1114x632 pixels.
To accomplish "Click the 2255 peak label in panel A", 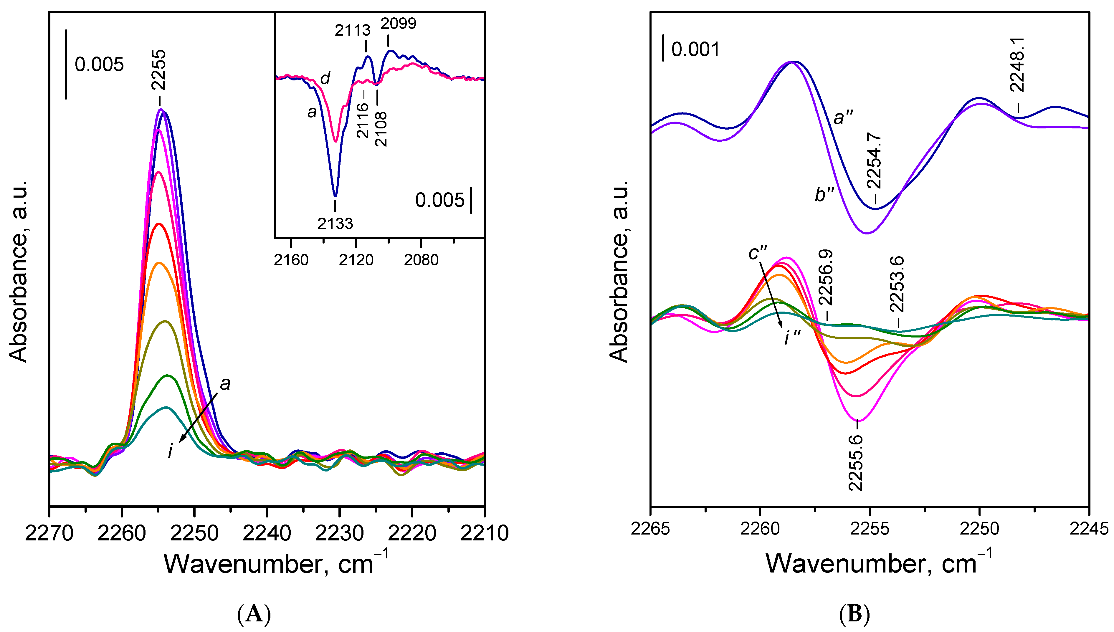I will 158,70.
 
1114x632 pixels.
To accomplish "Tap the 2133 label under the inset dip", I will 335,224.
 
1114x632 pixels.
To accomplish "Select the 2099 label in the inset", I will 398,24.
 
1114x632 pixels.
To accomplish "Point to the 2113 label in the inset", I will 353,30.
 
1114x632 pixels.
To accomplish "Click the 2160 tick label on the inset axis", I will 291,260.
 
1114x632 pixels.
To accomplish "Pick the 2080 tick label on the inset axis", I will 421,260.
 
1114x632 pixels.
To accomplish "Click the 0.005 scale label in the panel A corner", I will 99,65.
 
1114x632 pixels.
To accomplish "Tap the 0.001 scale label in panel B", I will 695,49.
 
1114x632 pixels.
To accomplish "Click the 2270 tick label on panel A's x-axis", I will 49,533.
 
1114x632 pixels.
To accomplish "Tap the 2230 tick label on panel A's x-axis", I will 340,533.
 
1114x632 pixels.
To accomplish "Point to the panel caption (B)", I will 854,615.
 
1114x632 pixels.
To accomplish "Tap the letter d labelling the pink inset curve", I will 325,79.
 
